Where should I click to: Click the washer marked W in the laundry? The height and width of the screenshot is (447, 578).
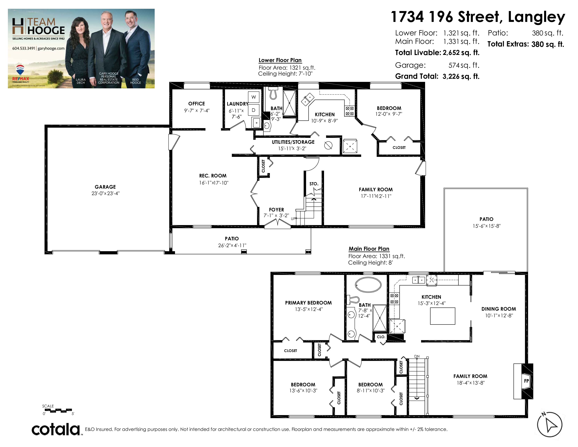point(254,97)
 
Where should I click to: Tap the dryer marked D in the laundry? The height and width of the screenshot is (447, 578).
point(254,110)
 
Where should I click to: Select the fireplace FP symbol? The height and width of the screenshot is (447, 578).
point(526,381)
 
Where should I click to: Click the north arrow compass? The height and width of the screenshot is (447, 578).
point(549,424)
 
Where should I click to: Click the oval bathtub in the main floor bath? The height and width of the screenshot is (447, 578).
point(368,285)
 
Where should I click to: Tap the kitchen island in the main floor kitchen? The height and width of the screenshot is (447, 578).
point(442,316)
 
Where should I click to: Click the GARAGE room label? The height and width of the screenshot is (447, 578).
point(105,187)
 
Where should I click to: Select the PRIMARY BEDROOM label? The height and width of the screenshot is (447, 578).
point(308,303)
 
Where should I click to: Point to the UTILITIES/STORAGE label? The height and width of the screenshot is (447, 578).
point(293,142)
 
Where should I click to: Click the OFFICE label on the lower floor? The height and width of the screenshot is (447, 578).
point(197,104)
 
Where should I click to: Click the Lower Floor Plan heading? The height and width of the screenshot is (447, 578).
point(280,60)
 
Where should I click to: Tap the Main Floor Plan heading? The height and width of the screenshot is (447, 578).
point(369,249)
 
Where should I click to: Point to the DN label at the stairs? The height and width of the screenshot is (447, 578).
point(417,356)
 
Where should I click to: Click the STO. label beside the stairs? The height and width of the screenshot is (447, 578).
point(314,184)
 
